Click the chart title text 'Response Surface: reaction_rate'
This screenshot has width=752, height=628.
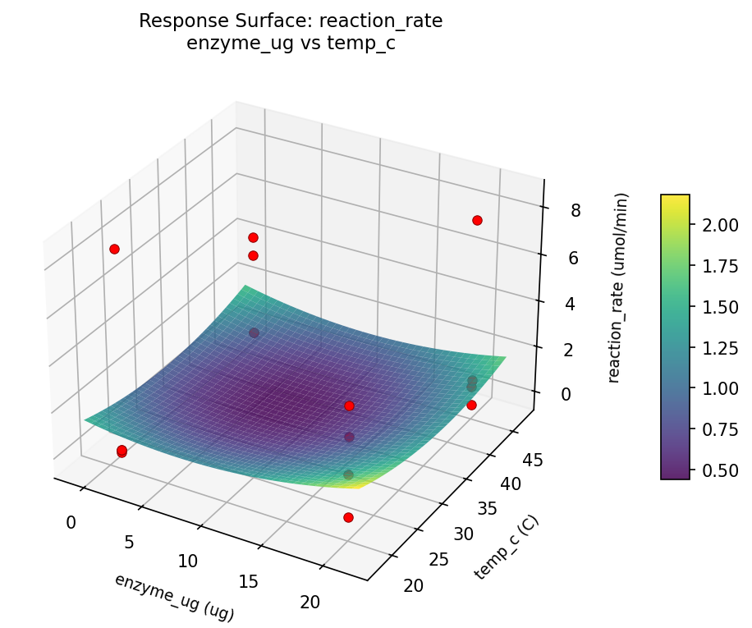tap(291, 21)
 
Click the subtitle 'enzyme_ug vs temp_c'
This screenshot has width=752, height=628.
tap(291, 44)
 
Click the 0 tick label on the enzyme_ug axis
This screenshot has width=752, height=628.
tap(71, 523)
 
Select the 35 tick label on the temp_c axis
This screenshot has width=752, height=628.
tap(488, 509)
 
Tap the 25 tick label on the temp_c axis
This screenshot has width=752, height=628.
tap(440, 560)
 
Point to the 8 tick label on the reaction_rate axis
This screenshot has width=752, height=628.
tap(575, 211)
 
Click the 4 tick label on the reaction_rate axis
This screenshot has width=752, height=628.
tap(575, 304)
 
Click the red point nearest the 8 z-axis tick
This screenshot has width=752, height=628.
tap(477, 220)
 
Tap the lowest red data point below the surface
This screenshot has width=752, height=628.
tap(348, 517)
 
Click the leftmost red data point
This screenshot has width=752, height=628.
tap(114, 249)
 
